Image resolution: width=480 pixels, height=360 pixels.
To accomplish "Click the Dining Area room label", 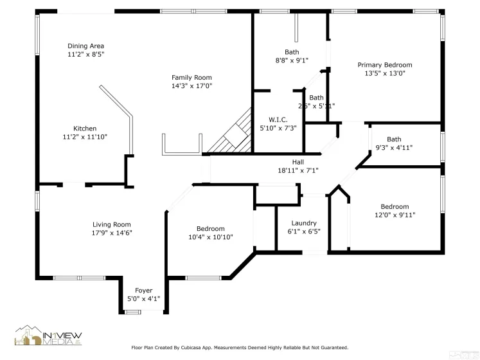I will point(85,46).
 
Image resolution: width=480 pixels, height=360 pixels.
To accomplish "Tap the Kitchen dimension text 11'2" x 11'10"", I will point(85,137).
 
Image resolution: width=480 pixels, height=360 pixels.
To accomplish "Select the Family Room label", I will point(191,77).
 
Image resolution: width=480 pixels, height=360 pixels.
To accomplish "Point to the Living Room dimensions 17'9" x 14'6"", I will point(112,233).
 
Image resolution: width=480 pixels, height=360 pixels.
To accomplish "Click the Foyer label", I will point(143,291).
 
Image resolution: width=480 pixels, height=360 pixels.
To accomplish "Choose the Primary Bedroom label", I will point(384,65).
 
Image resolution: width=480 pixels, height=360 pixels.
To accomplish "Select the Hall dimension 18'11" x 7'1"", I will point(298,170).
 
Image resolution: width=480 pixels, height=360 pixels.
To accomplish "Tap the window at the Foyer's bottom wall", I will point(133,312).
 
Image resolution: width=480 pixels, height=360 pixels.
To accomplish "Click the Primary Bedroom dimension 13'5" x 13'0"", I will point(384,73).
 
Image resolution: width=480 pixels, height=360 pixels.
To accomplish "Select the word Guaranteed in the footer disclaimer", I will point(332,348).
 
